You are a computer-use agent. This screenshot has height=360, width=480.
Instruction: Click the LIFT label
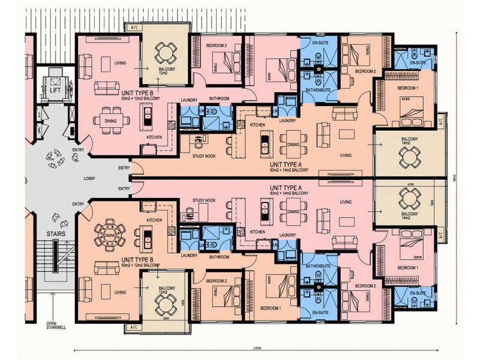click(55, 89)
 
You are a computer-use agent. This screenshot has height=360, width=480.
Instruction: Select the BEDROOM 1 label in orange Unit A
click(398, 88)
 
